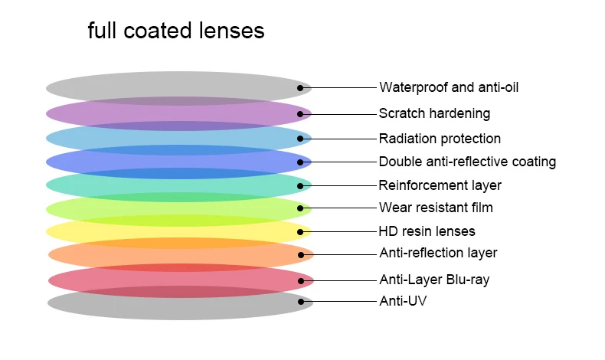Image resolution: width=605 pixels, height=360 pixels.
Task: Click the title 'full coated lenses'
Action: pyautogui.click(x=176, y=31)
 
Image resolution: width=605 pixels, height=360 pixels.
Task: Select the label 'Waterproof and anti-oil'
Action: pyautogui.click(x=449, y=87)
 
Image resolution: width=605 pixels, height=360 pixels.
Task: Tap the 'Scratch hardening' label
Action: pyautogui.click(x=434, y=113)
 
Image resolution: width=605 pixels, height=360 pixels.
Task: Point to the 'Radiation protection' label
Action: pyautogui.click(x=440, y=139)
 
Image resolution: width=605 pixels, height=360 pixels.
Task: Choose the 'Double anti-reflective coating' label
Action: pyautogui.click(x=467, y=162)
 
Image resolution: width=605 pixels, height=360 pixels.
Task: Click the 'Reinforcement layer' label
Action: pyautogui.click(x=440, y=185)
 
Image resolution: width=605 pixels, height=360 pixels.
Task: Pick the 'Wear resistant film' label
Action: pyautogui.click(x=436, y=208)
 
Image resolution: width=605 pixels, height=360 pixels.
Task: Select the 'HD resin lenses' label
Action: pyautogui.click(x=427, y=231)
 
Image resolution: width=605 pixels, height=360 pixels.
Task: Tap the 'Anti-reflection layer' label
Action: pyautogui.click(x=438, y=253)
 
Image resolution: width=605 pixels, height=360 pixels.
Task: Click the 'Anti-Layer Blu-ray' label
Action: pyautogui.click(x=434, y=280)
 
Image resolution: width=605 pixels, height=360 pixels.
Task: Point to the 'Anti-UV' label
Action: pyautogui.click(x=403, y=301)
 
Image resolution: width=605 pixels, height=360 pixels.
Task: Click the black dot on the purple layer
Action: pyautogui.click(x=300, y=114)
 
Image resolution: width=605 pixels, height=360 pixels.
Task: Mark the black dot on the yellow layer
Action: pyautogui.click(x=300, y=231)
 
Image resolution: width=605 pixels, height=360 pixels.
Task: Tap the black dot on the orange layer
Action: pyautogui.click(x=301, y=254)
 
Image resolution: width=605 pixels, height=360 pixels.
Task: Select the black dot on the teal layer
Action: pyautogui.click(x=300, y=185)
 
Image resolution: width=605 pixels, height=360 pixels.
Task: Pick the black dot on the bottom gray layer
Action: pyautogui.click(x=301, y=302)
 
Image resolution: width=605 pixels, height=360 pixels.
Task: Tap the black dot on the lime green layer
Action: pyautogui.click(x=300, y=208)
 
